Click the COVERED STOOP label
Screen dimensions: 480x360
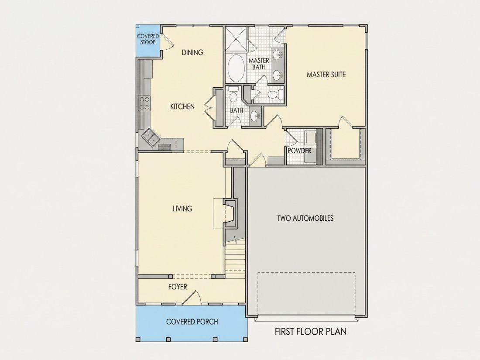pyautogui.click(x=148, y=39)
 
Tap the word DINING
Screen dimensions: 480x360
pyautogui.click(x=192, y=52)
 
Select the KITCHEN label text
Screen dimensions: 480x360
pyautogui.click(x=182, y=106)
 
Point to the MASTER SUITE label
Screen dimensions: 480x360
pyautogui.click(x=326, y=74)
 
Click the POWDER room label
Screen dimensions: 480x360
pyautogui.click(x=299, y=151)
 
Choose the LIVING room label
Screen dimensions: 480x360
pyautogui.click(x=182, y=209)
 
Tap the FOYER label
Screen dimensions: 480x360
pyautogui.click(x=178, y=287)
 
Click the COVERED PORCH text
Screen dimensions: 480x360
pyautogui.click(x=192, y=322)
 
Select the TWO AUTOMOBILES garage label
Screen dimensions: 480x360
pyautogui.click(x=305, y=218)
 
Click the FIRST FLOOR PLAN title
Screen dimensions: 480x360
pyautogui.click(x=311, y=332)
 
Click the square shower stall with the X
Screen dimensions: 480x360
pyautogui.click(x=237, y=38)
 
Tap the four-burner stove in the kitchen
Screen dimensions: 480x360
pyautogui.click(x=145, y=103)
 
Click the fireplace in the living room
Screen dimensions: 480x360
pyautogui.click(x=230, y=213)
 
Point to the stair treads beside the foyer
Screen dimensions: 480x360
pyautogui.click(x=235, y=259)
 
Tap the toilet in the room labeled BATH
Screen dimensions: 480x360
pyautogui.click(x=233, y=95)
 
